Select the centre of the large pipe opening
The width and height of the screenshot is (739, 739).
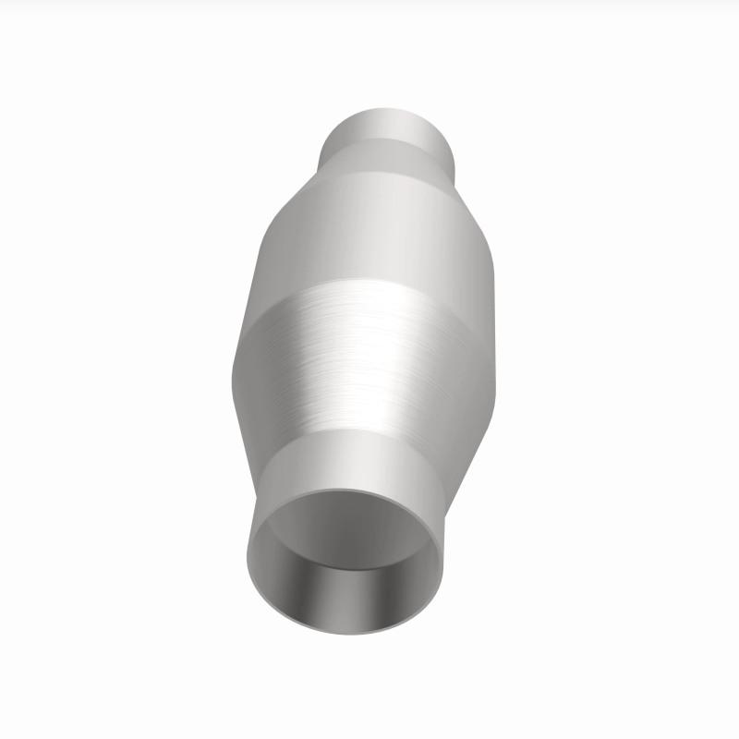[345, 554]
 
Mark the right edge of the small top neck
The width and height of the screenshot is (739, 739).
[455, 148]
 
